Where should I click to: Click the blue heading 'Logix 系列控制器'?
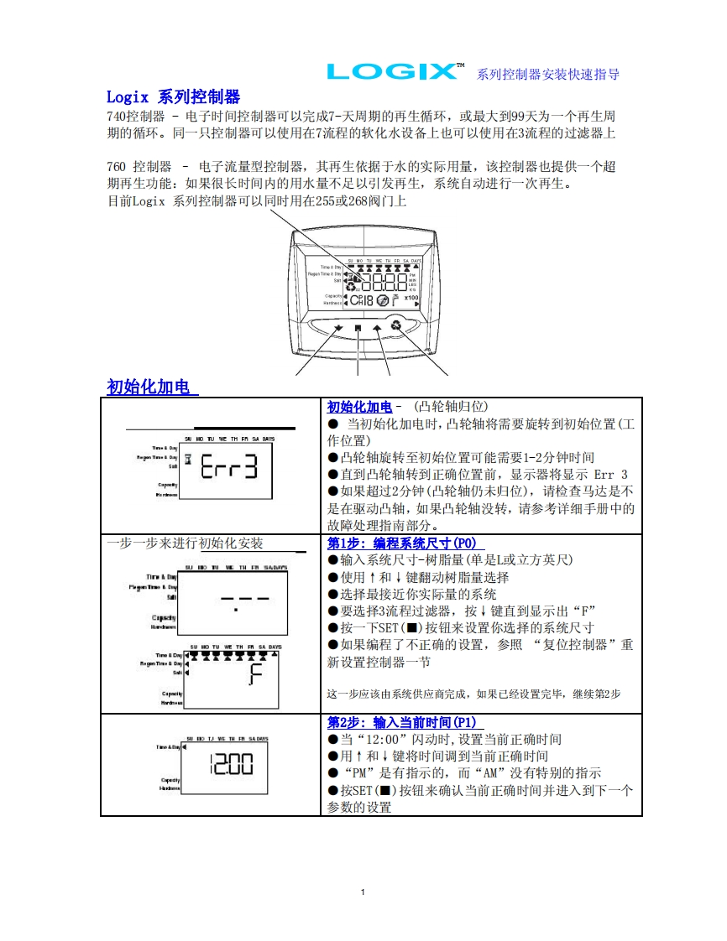173,97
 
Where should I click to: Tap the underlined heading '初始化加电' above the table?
152,387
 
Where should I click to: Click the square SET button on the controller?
358,329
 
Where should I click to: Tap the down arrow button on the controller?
338,329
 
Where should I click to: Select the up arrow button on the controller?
377,329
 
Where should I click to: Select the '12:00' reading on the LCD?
230,765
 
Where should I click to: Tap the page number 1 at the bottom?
363,892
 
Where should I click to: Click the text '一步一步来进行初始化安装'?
185,543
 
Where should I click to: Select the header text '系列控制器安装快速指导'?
547,74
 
